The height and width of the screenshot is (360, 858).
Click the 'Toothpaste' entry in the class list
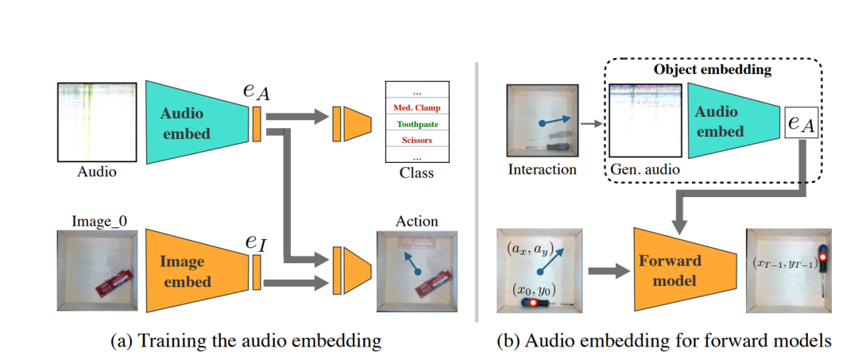416,124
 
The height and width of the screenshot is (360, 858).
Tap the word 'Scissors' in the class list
416,141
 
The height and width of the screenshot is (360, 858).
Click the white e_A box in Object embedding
802,122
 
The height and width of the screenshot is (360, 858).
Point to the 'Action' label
416,221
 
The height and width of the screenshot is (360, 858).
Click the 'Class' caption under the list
416,172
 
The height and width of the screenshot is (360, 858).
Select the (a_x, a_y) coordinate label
528,249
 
